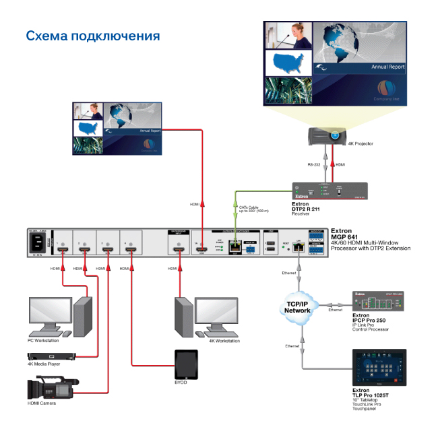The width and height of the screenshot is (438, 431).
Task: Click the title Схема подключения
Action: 92,35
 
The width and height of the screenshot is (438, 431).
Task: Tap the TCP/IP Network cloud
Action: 298,306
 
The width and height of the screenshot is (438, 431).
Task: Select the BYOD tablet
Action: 185,364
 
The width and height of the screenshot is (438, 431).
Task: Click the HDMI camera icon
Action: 51,389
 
